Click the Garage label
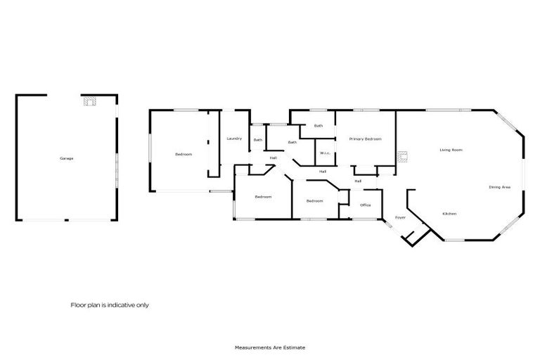click(67, 158)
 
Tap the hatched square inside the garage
click(89, 101)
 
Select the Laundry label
click(234, 139)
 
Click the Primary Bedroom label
click(365, 139)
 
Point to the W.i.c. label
click(325, 153)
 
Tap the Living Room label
click(451, 150)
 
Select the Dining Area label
click(500, 186)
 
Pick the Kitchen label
click(450, 213)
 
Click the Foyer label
click(400, 217)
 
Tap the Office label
click(365, 205)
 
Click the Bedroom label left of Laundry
click(184, 154)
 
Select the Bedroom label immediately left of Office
click(314, 201)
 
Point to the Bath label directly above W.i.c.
click(319, 126)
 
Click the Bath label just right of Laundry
click(258, 139)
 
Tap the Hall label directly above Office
click(358, 181)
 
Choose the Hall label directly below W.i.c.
click(322, 171)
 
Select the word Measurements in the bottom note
click(249, 347)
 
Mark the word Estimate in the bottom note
click(295, 347)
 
